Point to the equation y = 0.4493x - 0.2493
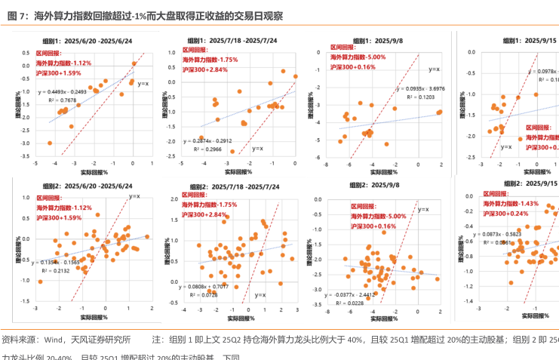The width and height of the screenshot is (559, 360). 69,91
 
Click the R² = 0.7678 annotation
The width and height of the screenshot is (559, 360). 63,100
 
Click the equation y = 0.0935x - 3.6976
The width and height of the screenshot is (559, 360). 419,88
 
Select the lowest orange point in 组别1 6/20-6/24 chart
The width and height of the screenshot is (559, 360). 51,143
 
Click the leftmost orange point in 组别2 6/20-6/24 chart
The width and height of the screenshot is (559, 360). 40,282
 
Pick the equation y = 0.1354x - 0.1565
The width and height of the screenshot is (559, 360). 60,261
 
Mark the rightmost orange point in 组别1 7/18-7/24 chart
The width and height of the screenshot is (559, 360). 296,76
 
